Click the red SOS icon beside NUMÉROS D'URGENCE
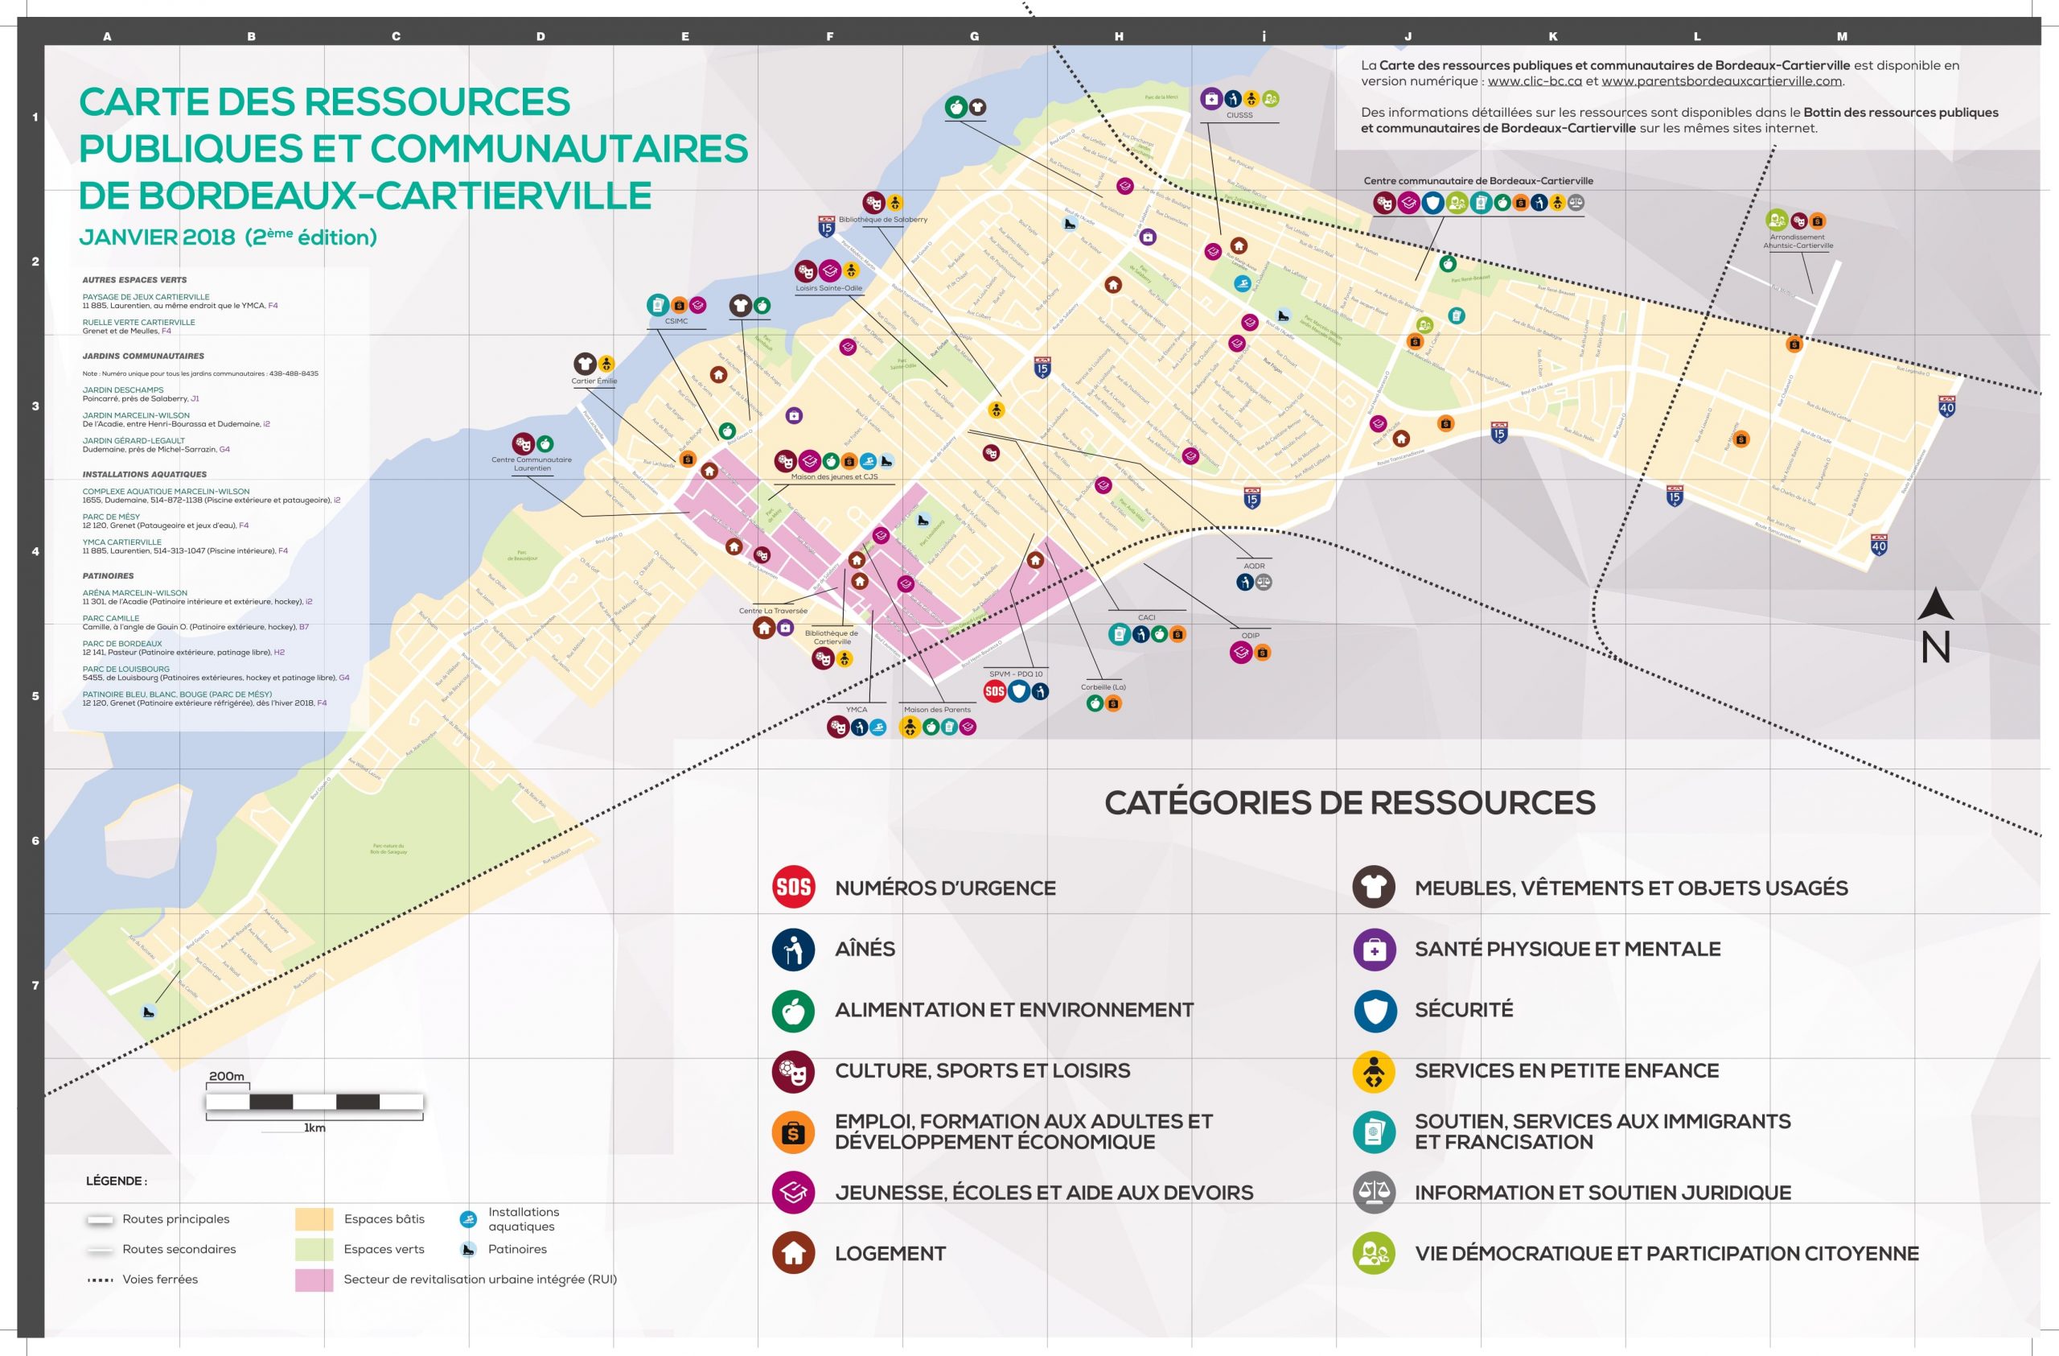pos(793,887)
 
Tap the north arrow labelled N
pos(1935,627)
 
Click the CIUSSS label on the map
pos(1239,115)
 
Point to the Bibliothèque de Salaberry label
pos(882,220)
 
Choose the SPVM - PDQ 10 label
pos(1016,674)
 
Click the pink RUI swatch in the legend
pos(314,1279)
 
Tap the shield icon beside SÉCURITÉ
pos(1374,1010)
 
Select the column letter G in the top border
pos(974,36)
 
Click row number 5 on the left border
pos(35,696)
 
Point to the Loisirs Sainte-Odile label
pos(828,288)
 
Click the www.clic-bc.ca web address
pos(1534,81)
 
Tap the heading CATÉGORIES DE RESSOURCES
pos(1349,802)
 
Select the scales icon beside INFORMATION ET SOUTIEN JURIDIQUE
pos(1374,1193)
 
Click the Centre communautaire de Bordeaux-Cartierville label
pos(1477,181)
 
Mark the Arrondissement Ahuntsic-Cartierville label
pos(1797,241)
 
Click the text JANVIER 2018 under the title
pos(157,237)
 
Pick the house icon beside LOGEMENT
pos(793,1253)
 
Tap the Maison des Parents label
pos(937,710)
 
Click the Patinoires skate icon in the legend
pos(468,1249)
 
